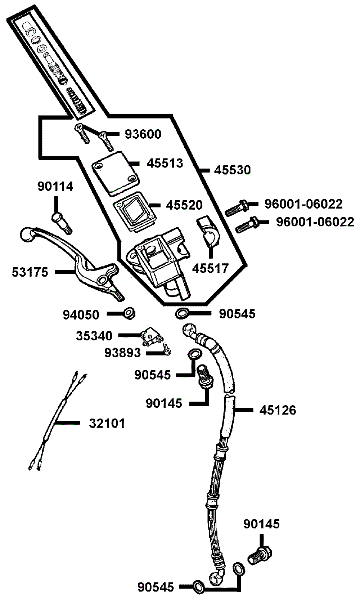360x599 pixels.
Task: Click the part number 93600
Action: click(143, 134)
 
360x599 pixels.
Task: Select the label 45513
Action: click(165, 163)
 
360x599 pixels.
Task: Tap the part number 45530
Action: click(232, 170)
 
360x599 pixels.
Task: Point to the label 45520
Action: click(184, 205)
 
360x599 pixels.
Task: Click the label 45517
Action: click(210, 268)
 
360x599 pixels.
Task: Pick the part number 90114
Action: click(55, 186)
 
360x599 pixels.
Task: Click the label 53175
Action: click(30, 272)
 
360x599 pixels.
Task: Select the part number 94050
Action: click(81, 315)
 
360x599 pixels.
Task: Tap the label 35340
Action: click(94, 336)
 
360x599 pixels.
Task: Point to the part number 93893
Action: click(122, 353)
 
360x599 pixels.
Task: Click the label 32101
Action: click(107, 424)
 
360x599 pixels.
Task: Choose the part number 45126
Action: click(278, 410)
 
